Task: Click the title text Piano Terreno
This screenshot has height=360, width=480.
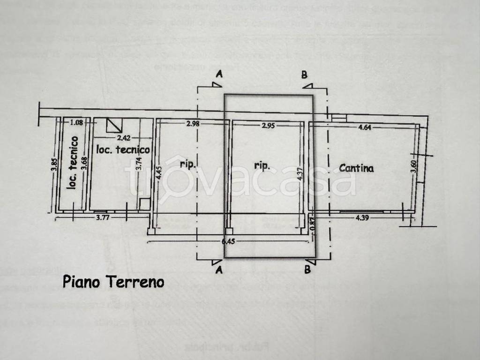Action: [113, 282]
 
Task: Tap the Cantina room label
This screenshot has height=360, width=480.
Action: [356, 168]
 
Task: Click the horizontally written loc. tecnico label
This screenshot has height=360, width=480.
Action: [123, 150]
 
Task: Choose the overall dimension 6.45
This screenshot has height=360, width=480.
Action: [228, 241]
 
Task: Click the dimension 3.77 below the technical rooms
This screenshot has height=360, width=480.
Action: [104, 217]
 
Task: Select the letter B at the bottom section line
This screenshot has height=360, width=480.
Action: [307, 270]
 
